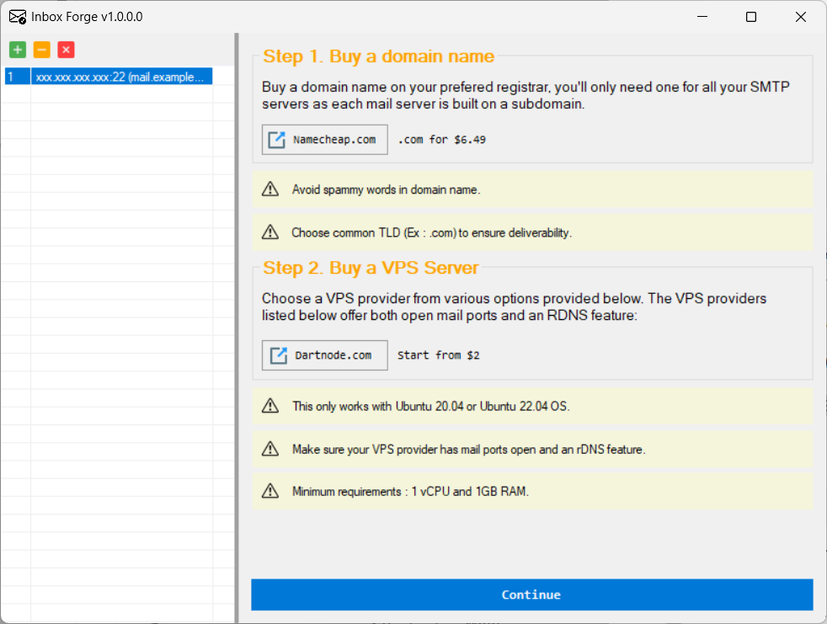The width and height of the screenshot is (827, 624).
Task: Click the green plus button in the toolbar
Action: (x=17, y=51)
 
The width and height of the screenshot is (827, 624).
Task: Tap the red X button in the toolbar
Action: (x=66, y=51)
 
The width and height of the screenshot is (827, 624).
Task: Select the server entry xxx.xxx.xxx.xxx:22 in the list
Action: (x=120, y=77)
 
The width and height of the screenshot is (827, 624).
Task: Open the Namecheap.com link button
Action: (x=325, y=140)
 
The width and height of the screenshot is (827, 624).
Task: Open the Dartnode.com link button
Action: (x=325, y=355)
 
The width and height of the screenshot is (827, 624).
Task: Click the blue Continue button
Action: (x=531, y=595)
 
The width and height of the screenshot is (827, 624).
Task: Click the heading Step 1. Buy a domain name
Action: (x=378, y=57)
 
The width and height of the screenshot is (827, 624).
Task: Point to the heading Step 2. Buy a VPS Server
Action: (x=371, y=268)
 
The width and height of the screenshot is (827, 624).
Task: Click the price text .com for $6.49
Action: (x=441, y=140)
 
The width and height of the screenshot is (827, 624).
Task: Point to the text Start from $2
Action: (x=438, y=355)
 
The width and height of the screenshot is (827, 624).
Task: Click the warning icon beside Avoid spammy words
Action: (x=270, y=189)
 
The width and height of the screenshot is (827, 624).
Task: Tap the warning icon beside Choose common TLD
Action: (x=270, y=232)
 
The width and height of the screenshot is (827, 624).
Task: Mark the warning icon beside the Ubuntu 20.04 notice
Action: (x=270, y=406)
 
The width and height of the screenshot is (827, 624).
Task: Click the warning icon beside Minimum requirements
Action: (x=270, y=491)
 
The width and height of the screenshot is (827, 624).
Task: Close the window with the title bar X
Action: (x=800, y=17)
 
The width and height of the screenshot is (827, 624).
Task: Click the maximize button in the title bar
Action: (x=751, y=17)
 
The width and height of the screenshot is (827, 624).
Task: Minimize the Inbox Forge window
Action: (x=702, y=17)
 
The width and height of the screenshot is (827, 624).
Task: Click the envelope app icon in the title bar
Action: (x=17, y=17)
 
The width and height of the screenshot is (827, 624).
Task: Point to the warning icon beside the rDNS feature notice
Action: (x=270, y=449)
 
